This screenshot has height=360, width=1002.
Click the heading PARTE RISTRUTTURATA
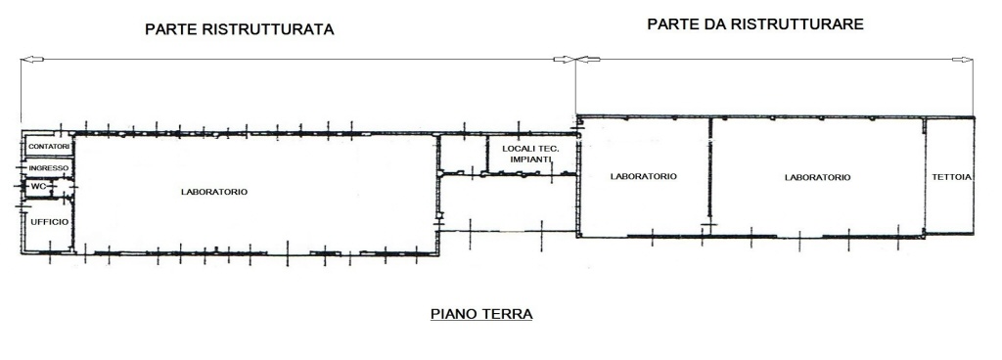tap(240, 29)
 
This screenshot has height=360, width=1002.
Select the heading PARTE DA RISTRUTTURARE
tap(755, 24)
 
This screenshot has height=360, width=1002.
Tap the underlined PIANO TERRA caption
tap(481, 314)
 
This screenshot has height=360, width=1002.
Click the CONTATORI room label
tap(49, 147)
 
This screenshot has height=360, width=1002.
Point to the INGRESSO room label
tap(49, 168)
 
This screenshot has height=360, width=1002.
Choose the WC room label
tap(39, 187)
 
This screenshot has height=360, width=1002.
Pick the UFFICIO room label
tap(49, 221)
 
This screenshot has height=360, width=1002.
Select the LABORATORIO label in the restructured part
tap(214, 192)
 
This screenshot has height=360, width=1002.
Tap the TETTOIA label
tap(952, 177)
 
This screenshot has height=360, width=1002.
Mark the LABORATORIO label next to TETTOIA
tap(817, 177)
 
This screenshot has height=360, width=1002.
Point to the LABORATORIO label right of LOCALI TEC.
tap(644, 176)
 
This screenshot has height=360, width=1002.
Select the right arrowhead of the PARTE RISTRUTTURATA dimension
tap(565, 60)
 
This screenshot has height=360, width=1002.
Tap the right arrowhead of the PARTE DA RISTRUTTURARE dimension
tap(963, 60)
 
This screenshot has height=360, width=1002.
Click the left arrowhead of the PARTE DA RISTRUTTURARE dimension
tap(588, 60)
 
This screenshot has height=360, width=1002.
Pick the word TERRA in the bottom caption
tap(507, 314)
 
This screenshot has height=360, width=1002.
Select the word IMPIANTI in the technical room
tap(530, 159)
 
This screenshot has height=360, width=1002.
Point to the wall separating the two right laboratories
tap(710, 172)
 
